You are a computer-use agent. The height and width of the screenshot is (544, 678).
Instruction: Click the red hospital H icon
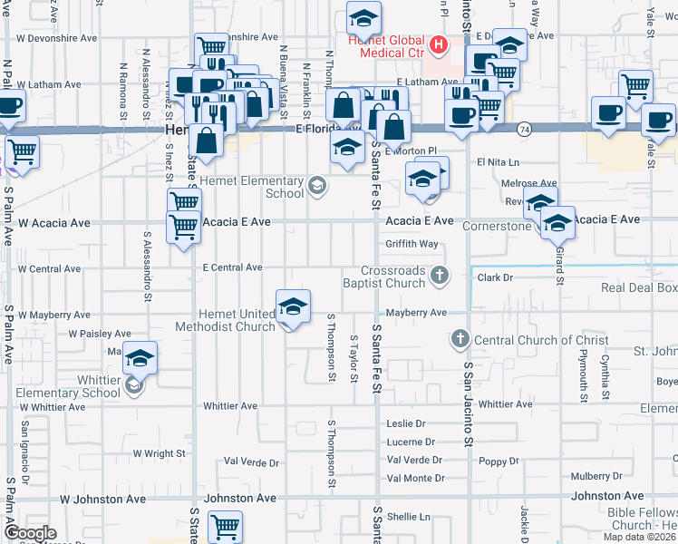(439, 44)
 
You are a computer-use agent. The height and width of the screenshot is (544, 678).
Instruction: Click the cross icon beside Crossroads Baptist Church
(440, 276)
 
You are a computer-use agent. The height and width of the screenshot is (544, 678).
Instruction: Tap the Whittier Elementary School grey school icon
(133, 386)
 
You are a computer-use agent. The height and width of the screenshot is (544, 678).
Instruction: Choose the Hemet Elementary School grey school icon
(316, 187)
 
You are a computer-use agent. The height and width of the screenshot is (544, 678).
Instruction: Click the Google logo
(29, 533)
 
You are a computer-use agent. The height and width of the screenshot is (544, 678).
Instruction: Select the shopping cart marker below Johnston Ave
(224, 526)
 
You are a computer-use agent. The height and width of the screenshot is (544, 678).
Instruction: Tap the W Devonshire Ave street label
(57, 39)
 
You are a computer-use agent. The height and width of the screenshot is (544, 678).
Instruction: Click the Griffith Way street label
(412, 244)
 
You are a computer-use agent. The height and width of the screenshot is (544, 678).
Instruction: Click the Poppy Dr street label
(499, 461)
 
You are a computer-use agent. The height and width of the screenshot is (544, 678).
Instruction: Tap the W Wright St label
(159, 452)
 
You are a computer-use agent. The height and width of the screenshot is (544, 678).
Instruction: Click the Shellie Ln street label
(408, 517)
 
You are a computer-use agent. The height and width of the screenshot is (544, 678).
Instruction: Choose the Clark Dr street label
(495, 277)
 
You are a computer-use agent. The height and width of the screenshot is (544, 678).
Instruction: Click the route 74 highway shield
(524, 131)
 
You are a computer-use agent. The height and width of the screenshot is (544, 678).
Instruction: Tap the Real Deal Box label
(639, 288)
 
